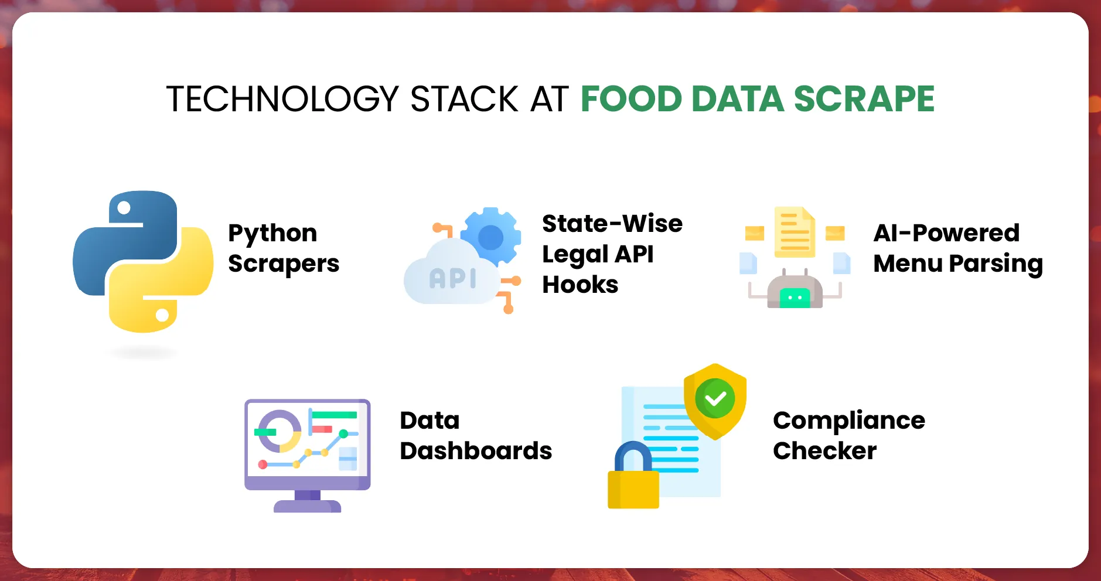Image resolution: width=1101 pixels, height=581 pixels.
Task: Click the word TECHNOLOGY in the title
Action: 282,98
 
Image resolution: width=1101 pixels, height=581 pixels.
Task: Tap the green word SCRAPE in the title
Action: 864,98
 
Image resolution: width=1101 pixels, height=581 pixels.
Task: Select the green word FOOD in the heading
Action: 631,98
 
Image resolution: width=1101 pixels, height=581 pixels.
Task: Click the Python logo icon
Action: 143,261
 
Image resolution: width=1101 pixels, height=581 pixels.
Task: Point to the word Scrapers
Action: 284,264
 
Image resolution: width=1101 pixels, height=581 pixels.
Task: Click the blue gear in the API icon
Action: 491,237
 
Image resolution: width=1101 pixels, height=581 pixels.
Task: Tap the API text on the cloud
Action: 452,279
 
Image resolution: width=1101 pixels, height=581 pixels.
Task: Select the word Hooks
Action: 580,285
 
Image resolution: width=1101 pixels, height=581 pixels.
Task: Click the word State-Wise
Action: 612,224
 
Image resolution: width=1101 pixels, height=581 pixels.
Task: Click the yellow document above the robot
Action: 795,233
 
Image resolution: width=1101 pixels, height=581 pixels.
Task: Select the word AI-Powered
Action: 946,233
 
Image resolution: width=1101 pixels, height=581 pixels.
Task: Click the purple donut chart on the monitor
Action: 280,431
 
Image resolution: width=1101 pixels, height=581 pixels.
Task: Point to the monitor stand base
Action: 307,506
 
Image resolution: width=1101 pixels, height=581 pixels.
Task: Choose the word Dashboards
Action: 476,451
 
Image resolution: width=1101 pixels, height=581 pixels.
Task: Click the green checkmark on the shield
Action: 715,398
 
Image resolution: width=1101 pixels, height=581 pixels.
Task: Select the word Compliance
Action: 849,421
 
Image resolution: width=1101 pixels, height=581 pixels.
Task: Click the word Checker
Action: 824,451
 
